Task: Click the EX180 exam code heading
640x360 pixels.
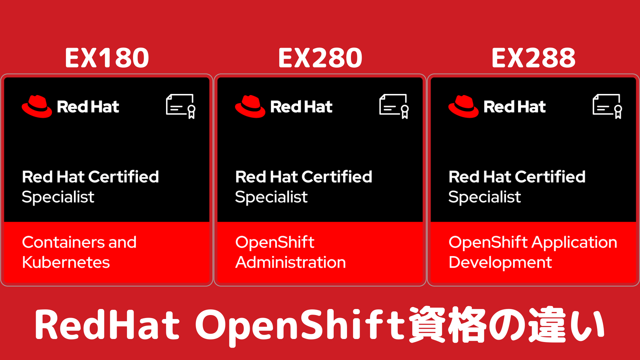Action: point(107,58)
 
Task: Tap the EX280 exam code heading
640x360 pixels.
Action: point(320,58)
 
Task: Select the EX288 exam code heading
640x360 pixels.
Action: point(534,58)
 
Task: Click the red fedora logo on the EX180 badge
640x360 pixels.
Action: point(37,107)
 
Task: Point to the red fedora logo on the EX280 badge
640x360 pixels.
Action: point(250,107)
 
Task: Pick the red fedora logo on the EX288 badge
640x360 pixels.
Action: point(463,107)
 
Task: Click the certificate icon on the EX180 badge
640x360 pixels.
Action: point(181,106)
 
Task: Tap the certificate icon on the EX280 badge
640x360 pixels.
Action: point(394,106)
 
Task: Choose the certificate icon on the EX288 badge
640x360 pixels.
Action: point(607,106)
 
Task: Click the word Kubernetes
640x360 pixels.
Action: point(66,262)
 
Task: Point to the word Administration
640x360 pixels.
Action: point(291,262)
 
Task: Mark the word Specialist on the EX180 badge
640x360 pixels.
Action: point(58,197)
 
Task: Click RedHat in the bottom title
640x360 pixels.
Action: point(107,324)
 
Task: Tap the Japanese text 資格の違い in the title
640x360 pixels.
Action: point(507,324)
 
